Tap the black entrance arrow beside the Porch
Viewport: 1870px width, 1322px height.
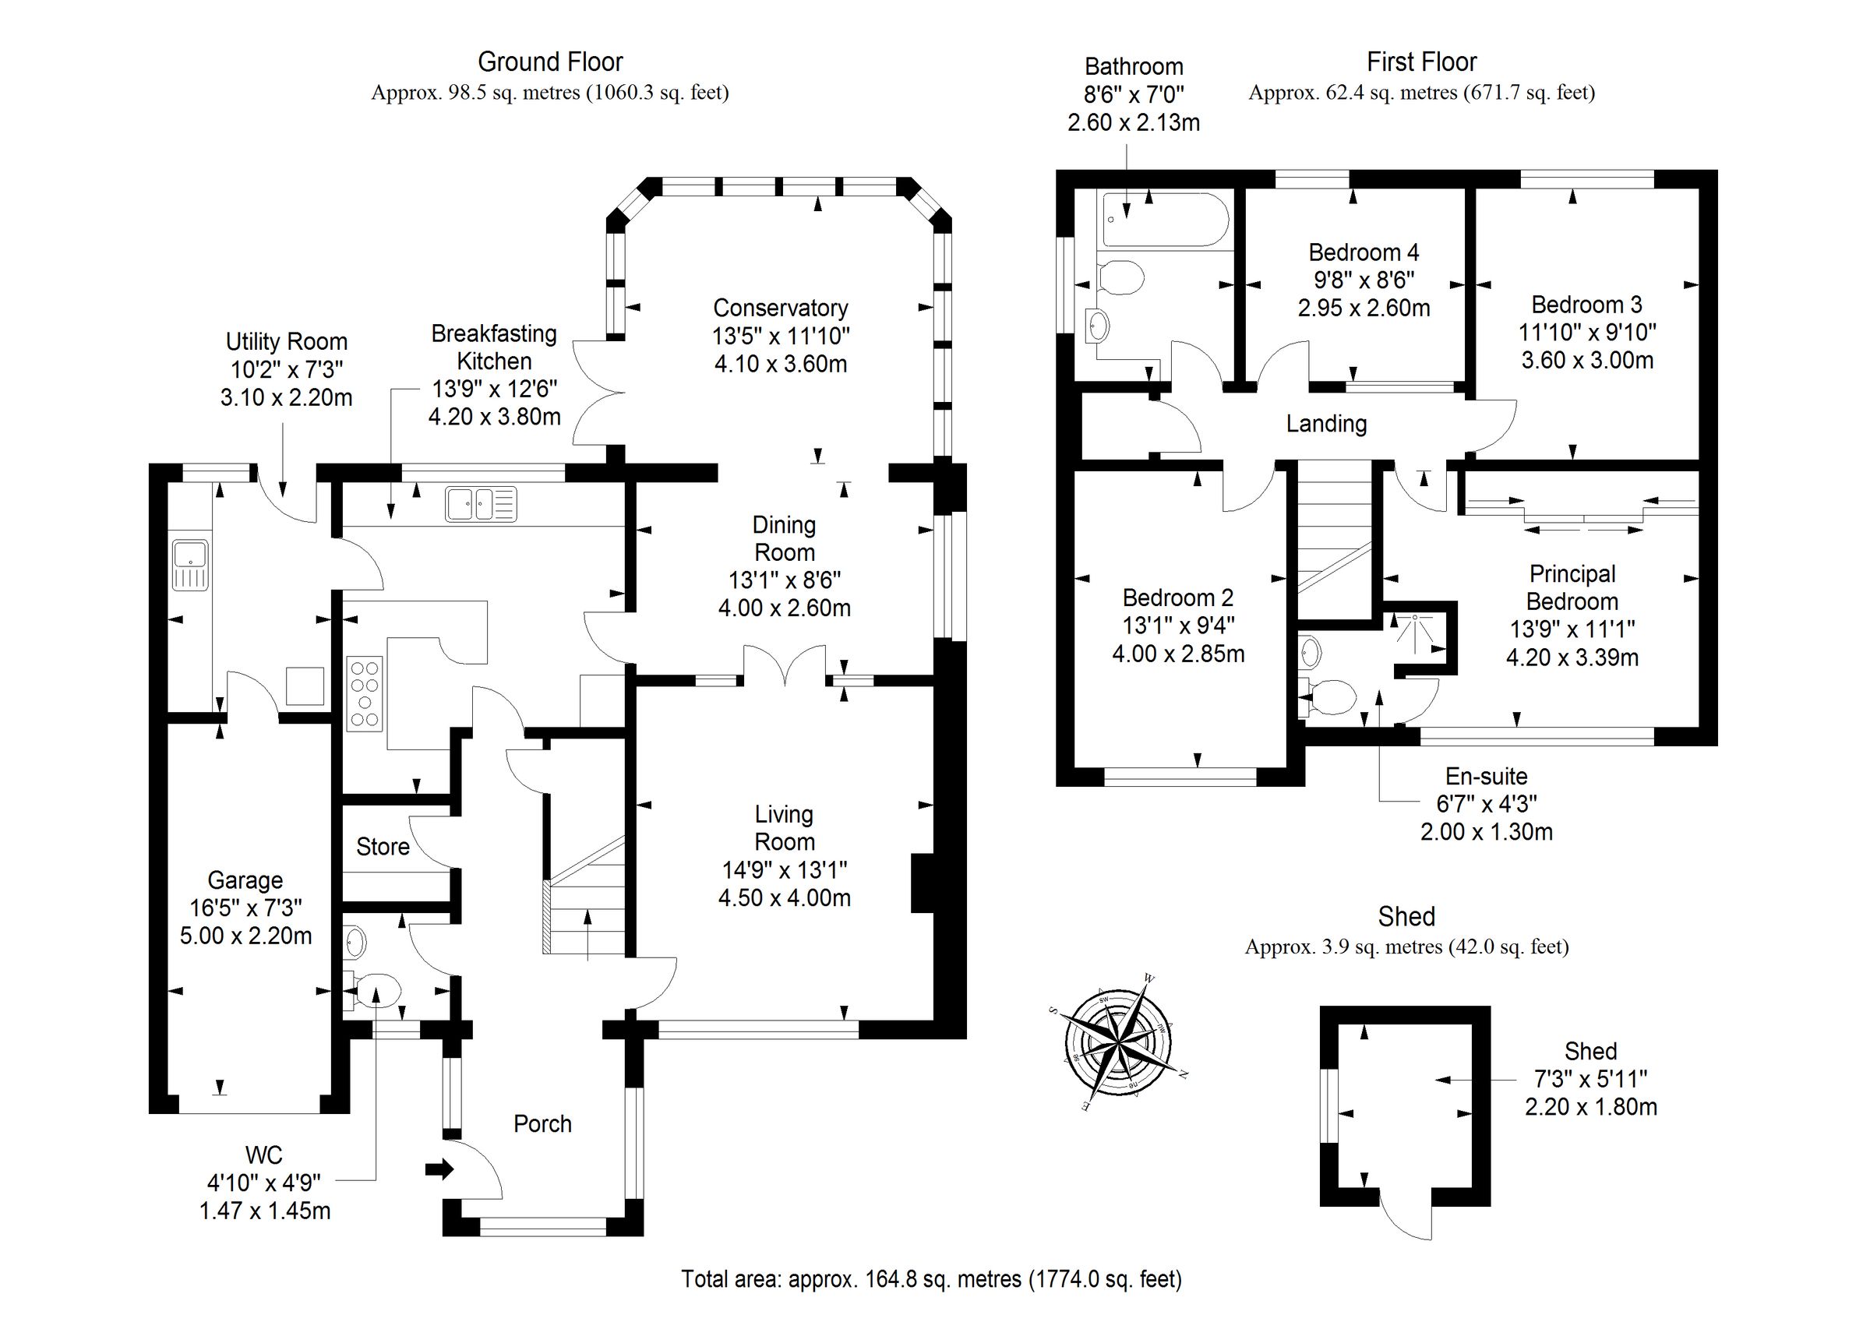439,1169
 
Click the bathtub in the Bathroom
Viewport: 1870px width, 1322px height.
1164,219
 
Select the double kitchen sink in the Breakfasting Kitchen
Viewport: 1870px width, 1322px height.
481,503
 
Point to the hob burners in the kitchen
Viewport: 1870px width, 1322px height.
364,693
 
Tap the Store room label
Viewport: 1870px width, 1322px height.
382,846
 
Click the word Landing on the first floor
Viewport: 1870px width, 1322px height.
1326,424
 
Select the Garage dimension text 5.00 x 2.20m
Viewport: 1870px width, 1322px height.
245,935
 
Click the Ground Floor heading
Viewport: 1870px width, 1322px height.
550,62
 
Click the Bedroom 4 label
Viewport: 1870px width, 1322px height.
1364,252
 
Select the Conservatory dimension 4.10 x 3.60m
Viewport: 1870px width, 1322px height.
780,363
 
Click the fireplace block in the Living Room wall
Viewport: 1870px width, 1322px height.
923,883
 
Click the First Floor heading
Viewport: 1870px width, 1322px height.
1421,62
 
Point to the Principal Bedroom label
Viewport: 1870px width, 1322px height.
1572,587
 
